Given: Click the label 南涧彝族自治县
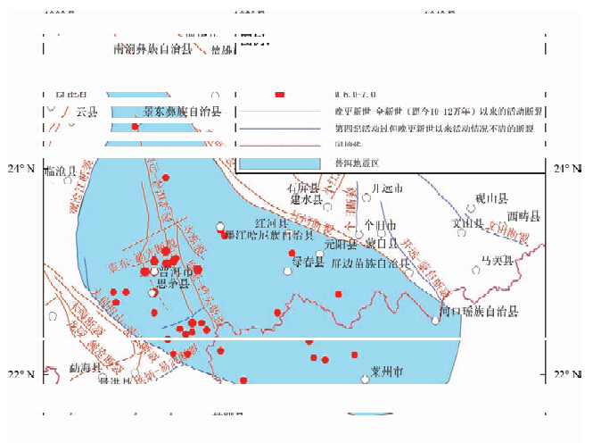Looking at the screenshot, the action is point(152,49).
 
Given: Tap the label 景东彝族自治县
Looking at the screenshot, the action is point(182,112).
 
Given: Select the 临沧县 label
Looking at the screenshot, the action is point(60,170).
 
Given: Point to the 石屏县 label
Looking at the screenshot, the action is point(301,188).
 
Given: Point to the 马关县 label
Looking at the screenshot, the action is point(497,260).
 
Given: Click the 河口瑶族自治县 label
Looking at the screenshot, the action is point(479,311).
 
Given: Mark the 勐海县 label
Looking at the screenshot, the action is point(86,367).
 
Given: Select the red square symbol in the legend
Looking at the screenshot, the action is point(279,93).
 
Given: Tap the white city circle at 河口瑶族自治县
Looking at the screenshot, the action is point(436,320).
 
